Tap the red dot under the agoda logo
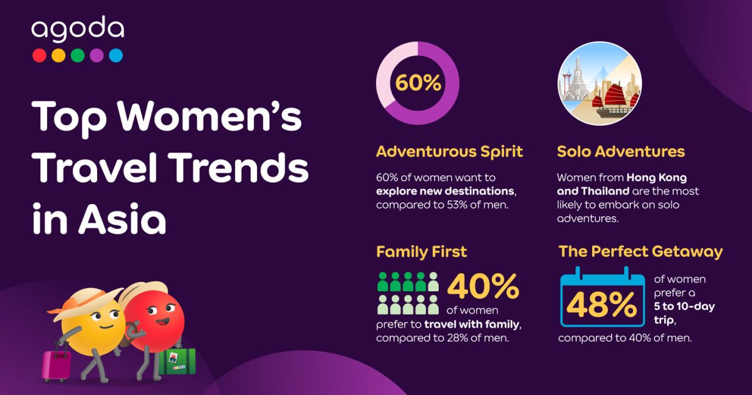(x=39, y=55)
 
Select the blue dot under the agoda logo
(x=116, y=55)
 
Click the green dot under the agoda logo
(x=78, y=55)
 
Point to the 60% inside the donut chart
(x=418, y=83)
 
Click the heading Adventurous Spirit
(x=449, y=151)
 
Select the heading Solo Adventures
(x=621, y=151)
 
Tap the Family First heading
(x=421, y=252)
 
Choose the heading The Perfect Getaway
(x=640, y=252)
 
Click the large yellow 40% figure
(x=483, y=286)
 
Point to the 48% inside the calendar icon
(x=602, y=304)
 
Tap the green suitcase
(x=177, y=361)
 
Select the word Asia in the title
(x=122, y=219)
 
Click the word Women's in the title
(x=210, y=116)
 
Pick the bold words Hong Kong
(x=657, y=177)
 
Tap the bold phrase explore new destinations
(x=445, y=191)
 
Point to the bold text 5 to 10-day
(x=684, y=307)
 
